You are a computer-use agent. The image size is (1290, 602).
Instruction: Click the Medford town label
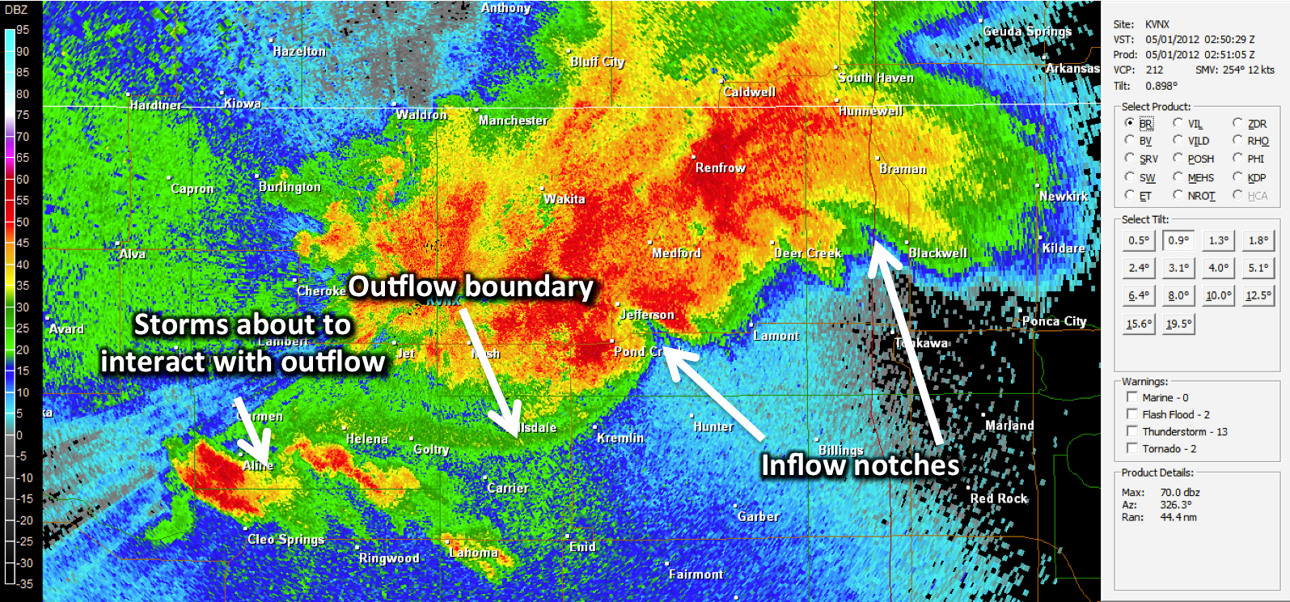[676, 253]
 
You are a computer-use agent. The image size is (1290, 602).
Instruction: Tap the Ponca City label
[1054, 321]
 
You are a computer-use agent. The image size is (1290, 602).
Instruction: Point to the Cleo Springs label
[285, 539]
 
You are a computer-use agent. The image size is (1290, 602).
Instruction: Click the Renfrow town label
[721, 167]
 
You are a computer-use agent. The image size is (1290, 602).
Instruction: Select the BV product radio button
[1130, 140]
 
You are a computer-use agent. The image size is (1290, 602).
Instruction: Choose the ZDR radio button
[1237, 123]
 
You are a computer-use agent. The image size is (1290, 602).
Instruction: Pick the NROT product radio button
[1178, 195]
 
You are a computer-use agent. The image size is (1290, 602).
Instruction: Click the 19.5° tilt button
[1178, 324]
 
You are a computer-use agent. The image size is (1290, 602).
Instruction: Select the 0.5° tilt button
[1138, 240]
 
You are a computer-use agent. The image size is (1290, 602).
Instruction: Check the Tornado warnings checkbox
[1132, 448]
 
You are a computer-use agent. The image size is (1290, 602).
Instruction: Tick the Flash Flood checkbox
[1132, 414]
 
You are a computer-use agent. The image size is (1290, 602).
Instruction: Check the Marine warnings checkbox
[1132, 397]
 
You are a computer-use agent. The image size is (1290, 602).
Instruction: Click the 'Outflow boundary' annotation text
[471, 286]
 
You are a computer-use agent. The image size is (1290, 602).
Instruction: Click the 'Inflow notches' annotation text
[860, 465]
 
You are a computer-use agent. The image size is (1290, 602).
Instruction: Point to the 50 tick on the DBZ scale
[22, 222]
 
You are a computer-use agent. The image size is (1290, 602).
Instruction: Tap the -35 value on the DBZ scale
[25, 583]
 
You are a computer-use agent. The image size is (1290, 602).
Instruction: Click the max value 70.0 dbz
[1179, 492]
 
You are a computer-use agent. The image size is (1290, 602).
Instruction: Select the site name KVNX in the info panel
[1157, 24]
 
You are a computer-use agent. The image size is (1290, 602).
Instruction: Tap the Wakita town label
[564, 199]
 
